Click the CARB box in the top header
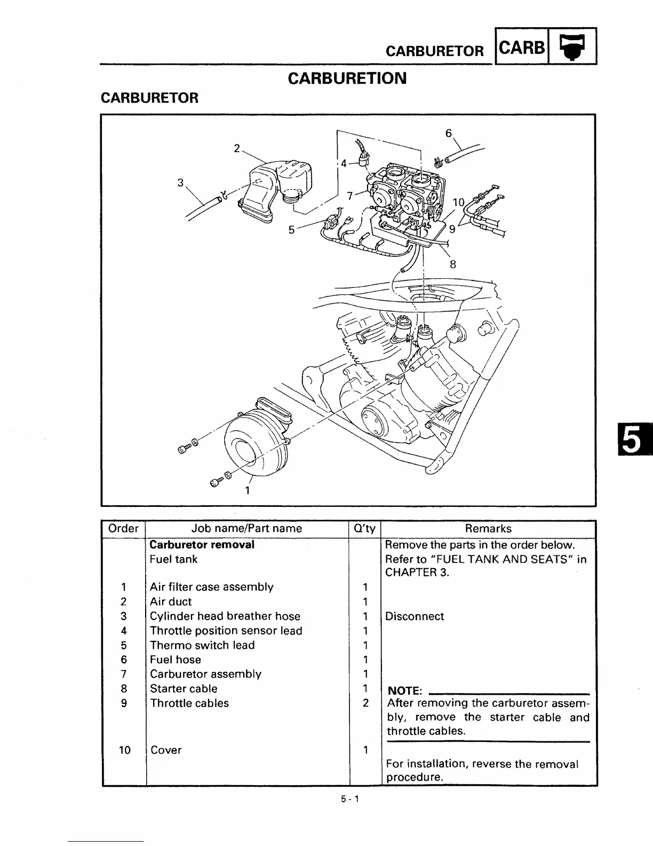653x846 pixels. tap(522, 48)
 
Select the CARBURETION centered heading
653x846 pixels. tap(347, 78)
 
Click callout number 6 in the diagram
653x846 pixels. tap(449, 133)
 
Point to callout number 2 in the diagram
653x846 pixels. tap(237, 148)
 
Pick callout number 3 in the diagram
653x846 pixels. tap(181, 183)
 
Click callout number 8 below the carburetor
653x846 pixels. tap(453, 263)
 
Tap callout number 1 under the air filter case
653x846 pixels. tap(247, 490)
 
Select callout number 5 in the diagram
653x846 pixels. tap(291, 230)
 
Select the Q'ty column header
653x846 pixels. tap(364, 529)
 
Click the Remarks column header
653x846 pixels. tap(488, 529)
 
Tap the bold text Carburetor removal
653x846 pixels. tap(202, 545)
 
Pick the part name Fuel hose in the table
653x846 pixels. tap(176, 660)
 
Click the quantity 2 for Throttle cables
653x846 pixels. tap(365, 703)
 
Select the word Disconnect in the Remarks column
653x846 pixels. tap(415, 616)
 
